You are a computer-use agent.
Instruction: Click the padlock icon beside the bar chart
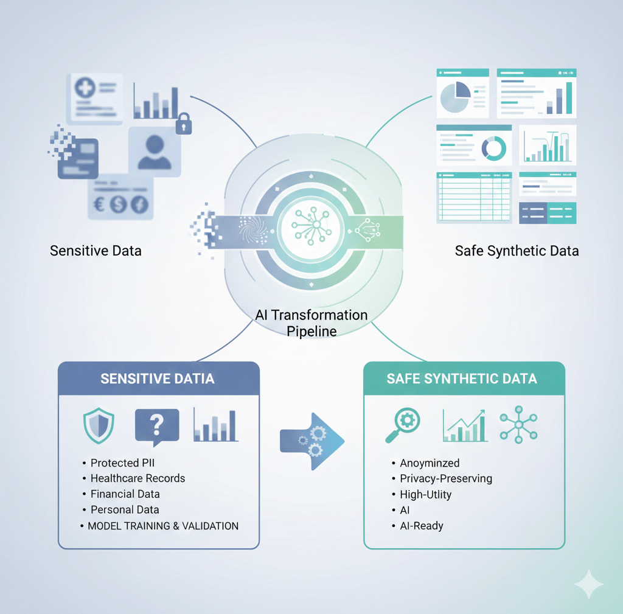coord(184,124)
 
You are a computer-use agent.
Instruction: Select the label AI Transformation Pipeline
coord(311,323)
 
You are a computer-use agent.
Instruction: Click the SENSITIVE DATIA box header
coord(158,379)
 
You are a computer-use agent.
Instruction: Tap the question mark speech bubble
coord(156,424)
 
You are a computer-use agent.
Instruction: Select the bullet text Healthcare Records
coord(137,478)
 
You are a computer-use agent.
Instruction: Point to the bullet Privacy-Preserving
coord(445,478)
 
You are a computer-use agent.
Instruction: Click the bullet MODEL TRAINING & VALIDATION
coord(163,525)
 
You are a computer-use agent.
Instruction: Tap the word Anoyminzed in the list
coord(430,463)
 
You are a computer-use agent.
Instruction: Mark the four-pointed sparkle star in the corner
coord(588,584)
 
